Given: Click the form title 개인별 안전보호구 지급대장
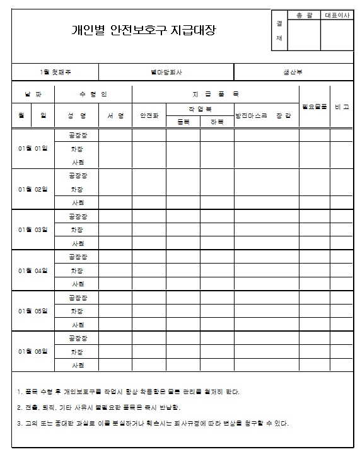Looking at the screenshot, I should (x=144, y=30).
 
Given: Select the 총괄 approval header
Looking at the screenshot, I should (x=304, y=15).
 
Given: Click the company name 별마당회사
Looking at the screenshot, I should (x=166, y=72).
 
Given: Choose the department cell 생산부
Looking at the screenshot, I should (x=293, y=72).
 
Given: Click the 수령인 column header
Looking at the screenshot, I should (x=93, y=94).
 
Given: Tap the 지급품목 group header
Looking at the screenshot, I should (x=215, y=94).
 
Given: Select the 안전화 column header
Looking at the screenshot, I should (x=149, y=115).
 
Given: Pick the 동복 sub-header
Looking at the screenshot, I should (x=183, y=121).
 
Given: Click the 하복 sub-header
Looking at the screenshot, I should (x=217, y=121).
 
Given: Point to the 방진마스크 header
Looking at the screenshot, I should (x=251, y=115).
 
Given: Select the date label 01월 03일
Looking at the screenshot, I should (x=33, y=229).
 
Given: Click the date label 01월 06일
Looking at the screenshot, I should (x=33, y=351).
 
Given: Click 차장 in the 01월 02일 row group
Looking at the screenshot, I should (x=77, y=189).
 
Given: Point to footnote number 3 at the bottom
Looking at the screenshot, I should (x=20, y=422).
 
